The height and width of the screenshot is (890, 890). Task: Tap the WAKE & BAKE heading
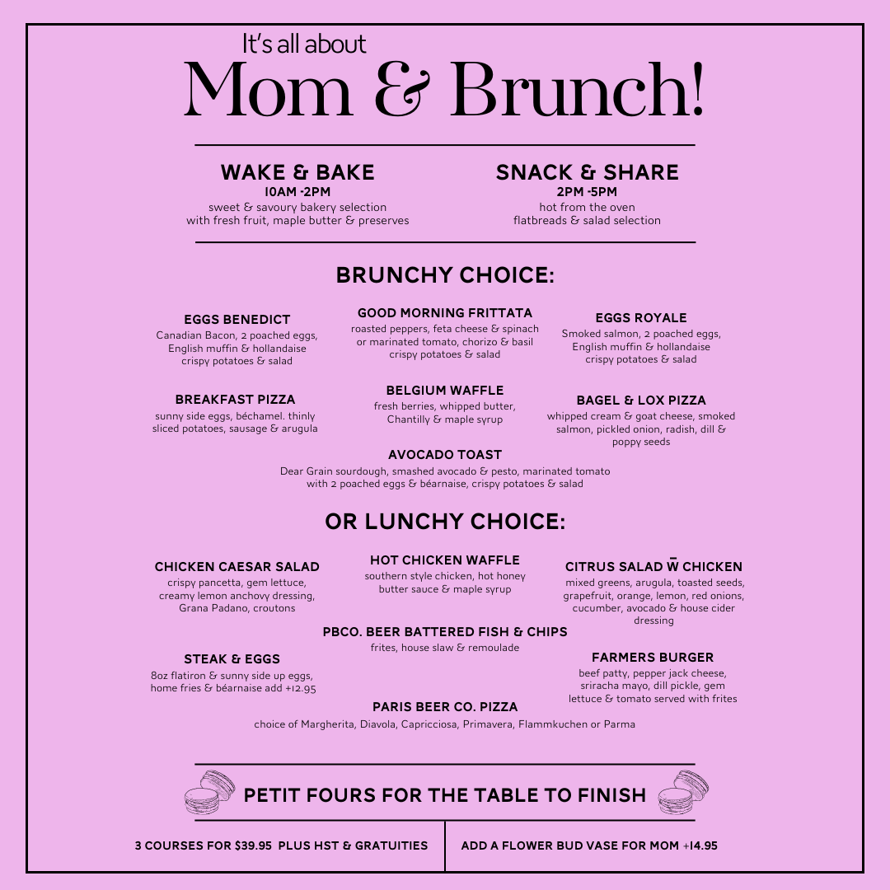point(297,172)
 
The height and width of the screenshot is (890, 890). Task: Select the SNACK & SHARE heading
point(587,172)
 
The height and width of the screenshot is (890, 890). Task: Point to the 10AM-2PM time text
point(297,192)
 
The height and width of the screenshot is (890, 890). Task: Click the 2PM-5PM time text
point(587,192)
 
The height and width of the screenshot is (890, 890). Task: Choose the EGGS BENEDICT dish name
point(237,320)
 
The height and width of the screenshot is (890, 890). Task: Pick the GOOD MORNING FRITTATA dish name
point(445,313)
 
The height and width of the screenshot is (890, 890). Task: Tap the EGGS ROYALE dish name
point(641,318)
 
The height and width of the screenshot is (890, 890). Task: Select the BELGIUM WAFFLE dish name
point(445,391)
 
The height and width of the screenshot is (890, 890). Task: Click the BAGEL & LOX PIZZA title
point(641,400)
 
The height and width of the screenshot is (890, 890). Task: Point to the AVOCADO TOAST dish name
point(445,455)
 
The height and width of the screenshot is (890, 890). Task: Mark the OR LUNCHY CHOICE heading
point(445,522)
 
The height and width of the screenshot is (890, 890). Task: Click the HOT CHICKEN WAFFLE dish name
point(445,560)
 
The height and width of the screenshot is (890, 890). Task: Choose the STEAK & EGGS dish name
point(232,659)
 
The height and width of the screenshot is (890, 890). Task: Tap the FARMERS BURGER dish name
point(653,658)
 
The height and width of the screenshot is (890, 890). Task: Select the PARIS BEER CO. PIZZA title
point(445,707)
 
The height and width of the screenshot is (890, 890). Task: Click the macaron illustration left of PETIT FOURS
point(209,793)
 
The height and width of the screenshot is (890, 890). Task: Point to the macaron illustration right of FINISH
point(684,793)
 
